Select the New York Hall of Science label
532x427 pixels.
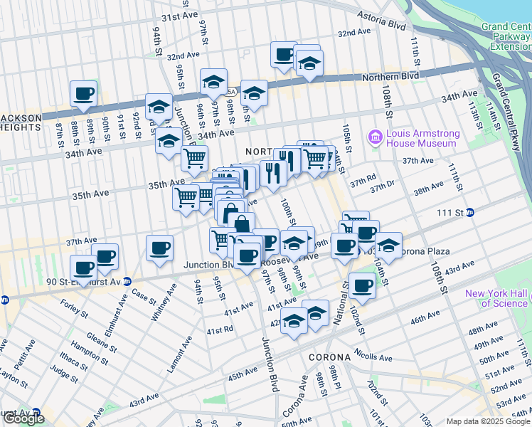[x=496, y=298]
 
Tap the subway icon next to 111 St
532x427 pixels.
[x=470, y=213]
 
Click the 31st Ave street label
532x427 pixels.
[x=179, y=17]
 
